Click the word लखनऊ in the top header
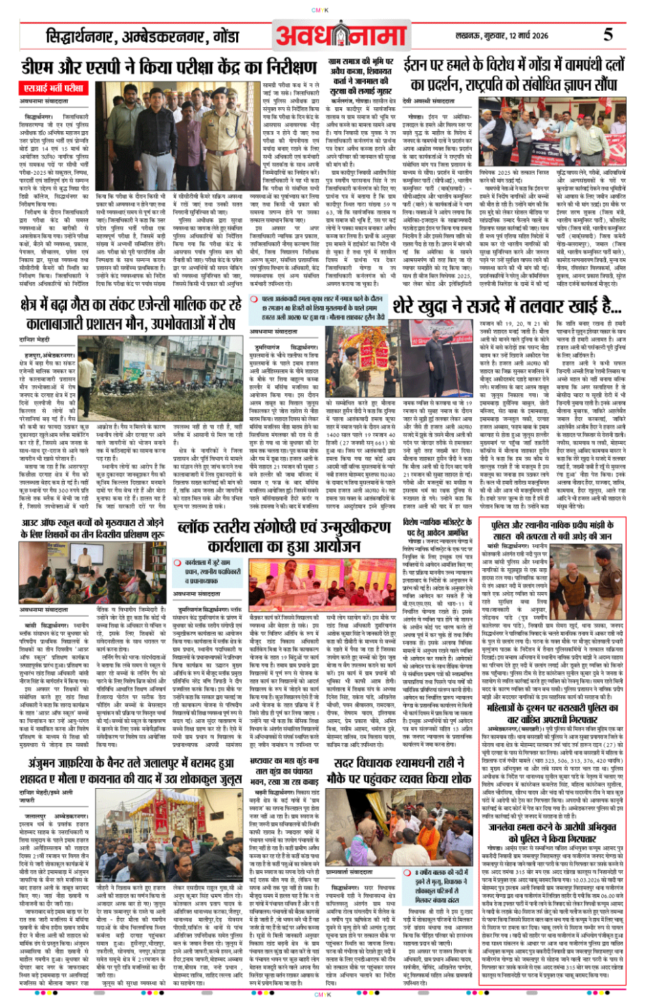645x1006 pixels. [468, 36]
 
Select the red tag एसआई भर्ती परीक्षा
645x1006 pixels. [54, 88]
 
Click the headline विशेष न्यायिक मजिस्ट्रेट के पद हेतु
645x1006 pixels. [437, 529]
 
